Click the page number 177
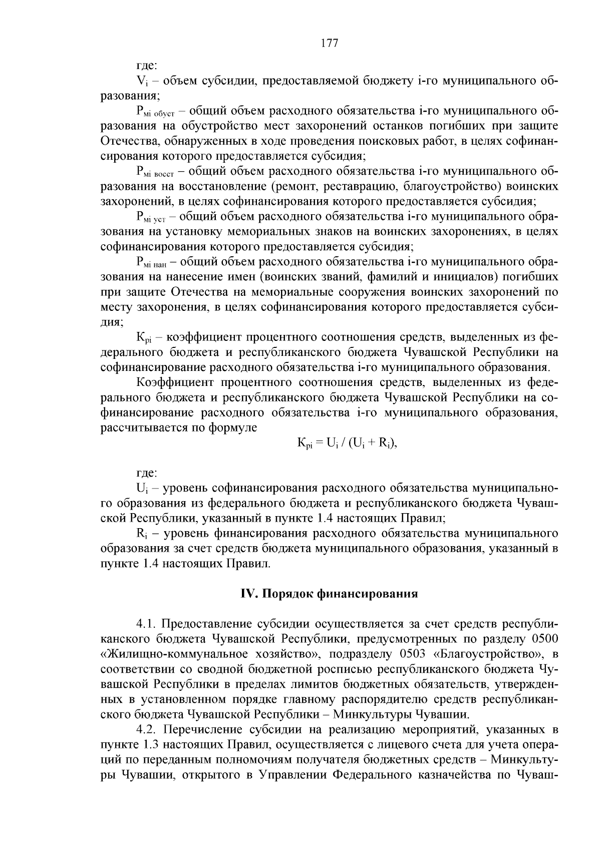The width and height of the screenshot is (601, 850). tap(329, 43)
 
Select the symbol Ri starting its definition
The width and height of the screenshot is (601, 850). tap(141, 533)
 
